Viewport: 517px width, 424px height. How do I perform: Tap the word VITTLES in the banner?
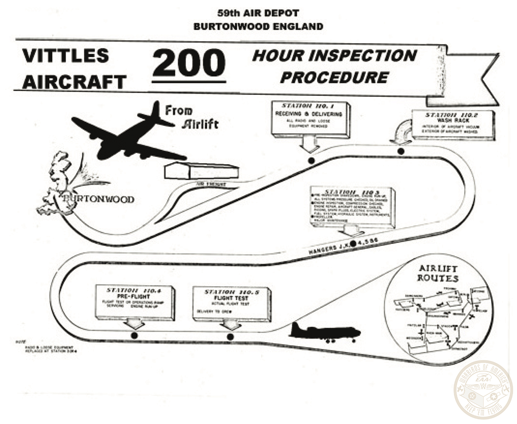(66, 56)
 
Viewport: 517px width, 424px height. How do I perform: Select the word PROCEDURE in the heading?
(334, 78)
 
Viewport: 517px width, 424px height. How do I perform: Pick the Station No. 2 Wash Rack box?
(452, 124)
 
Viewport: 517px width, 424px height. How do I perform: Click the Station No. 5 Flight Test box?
(231, 303)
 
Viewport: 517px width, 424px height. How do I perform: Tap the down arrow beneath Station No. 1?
(309, 145)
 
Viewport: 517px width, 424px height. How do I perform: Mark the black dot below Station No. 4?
(134, 335)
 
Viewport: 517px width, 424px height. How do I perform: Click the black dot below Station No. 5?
(230, 337)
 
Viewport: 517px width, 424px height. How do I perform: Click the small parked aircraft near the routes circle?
(324, 332)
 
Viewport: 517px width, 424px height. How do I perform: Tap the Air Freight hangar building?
(201, 172)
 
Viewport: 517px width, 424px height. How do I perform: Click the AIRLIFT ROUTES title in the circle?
(438, 273)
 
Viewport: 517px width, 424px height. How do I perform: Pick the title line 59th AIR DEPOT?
(258, 14)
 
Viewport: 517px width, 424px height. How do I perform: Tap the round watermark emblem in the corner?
(483, 390)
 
